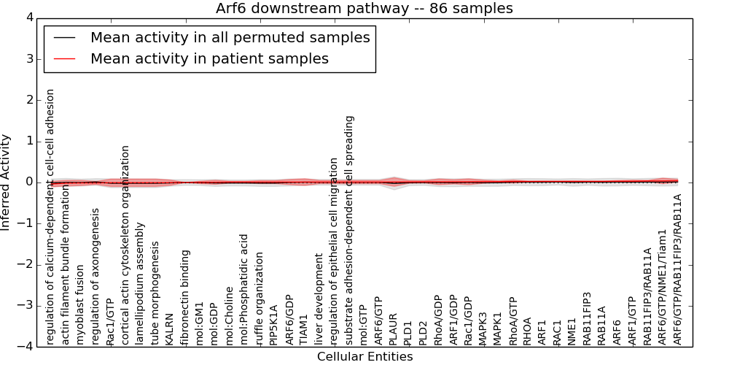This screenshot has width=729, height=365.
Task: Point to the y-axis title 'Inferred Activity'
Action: pyautogui.click(x=5, y=182)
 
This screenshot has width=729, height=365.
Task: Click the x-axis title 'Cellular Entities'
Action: pyautogui.click(x=364, y=357)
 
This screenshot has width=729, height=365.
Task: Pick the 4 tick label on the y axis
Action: pyautogui.click(x=30, y=18)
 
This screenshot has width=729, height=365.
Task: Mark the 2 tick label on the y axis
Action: pyautogui.click(x=30, y=100)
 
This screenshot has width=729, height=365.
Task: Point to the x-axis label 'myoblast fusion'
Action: pyautogui.click(x=80, y=305)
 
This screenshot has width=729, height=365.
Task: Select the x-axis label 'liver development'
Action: pyautogui.click(x=319, y=299)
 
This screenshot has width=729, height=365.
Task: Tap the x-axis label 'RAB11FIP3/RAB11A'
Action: pyautogui.click(x=647, y=297)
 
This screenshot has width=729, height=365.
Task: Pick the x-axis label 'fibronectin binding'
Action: pyautogui.click(x=184, y=298)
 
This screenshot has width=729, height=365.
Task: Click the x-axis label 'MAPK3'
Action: pyautogui.click(x=483, y=329)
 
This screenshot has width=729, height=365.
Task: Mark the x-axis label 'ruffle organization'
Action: pyautogui.click(x=259, y=299)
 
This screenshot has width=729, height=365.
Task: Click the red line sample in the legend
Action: pyautogui.click(x=65, y=58)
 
